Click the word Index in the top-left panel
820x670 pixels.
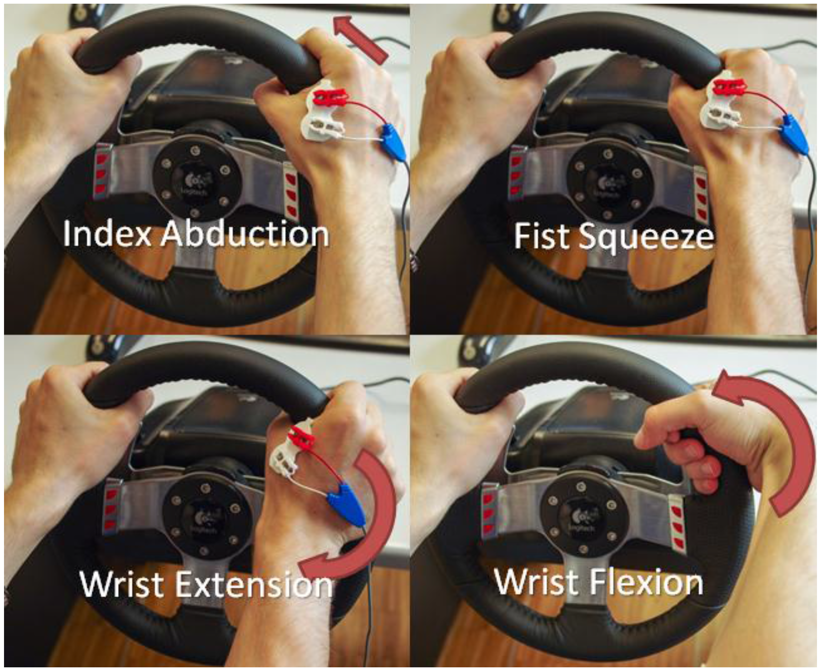click(106, 234)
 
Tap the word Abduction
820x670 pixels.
click(245, 234)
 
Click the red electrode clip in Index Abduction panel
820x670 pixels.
click(331, 97)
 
